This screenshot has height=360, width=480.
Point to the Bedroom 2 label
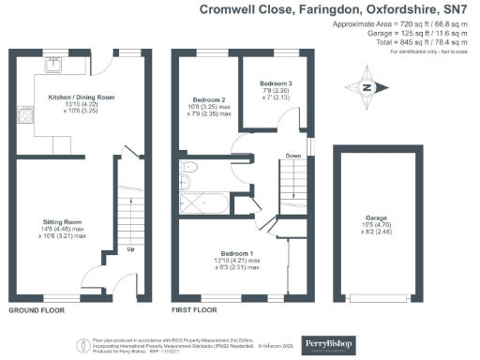click(x=210, y=99)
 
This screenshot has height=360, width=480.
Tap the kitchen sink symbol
click(x=56, y=65)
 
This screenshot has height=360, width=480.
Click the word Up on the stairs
click(x=129, y=249)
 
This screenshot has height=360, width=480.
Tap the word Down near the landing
click(x=293, y=156)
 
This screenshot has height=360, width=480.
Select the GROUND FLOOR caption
click(x=37, y=308)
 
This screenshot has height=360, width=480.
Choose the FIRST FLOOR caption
click(x=194, y=308)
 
